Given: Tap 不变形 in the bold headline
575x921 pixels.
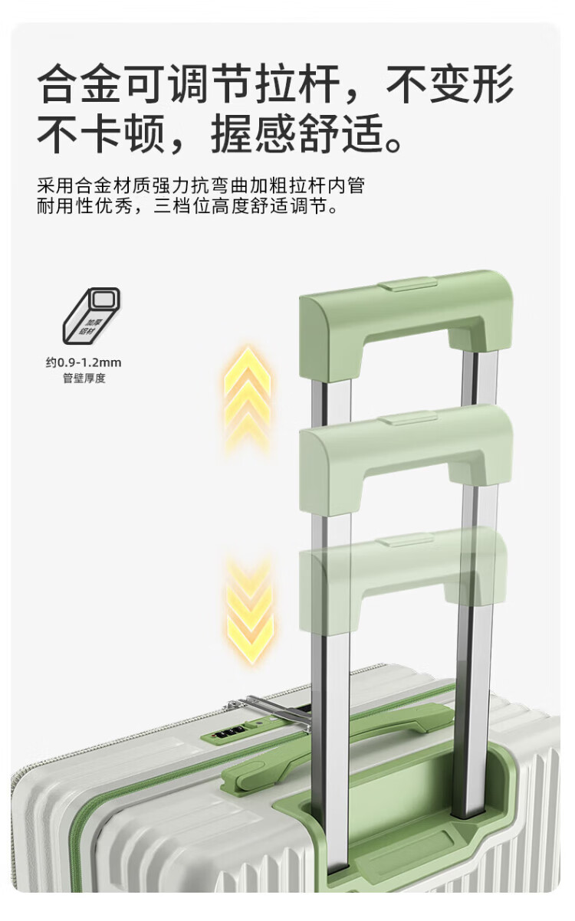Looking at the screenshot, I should pyautogui.click(x=449, y=84).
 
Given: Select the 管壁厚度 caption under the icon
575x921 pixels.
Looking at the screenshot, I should pyautogui.click(x=84, y=379).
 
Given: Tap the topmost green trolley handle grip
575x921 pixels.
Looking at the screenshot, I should pyautogui.click(x=406, y=314).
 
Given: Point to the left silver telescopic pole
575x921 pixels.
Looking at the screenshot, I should pyautogui.click(x=332, y=690).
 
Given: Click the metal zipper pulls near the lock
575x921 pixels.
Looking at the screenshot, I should pyautogui.click(x=272, y=709).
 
